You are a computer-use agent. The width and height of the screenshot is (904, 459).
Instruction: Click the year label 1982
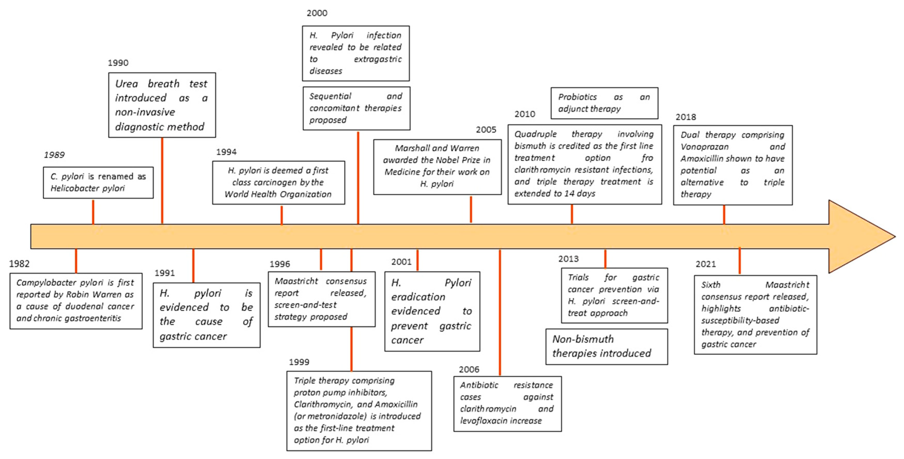(19, 264)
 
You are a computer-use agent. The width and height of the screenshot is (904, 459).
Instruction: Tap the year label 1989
(54, 155)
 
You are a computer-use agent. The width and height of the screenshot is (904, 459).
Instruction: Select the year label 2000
(317, 13)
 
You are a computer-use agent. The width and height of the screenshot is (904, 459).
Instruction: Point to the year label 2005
(486, 130)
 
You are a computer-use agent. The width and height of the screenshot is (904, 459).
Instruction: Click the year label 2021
(706, 264)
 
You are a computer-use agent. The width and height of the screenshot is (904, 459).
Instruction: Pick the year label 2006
(469, 369)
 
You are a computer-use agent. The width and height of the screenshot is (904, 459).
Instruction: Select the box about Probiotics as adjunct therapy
(604, 103)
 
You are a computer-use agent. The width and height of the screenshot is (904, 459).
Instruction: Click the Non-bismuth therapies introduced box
(606, 347)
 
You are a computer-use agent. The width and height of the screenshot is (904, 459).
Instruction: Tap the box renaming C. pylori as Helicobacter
(98, 182)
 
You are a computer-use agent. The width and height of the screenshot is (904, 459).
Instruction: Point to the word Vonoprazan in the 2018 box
(704, 147)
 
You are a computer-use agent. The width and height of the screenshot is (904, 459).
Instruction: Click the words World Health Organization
(278, 194)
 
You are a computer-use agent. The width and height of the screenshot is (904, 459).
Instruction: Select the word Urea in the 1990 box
(126, 84)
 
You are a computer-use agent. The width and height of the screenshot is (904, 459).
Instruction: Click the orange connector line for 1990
(162, 181)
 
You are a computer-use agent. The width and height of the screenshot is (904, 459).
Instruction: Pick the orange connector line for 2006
(500, 312)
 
